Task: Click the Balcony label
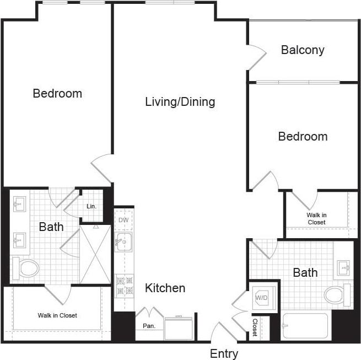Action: click(303, 50)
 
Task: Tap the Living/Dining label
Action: click(180, 102)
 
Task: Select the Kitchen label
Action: click(165, 288)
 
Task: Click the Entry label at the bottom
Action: click(224, 353)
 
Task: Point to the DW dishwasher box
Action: click(123, 220)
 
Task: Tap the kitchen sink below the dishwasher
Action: click(123, 242)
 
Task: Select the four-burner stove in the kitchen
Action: click(123, 285)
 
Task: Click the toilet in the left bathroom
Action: click(26, 268)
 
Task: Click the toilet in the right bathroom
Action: click(336, 294)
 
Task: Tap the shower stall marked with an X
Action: click(95, 254)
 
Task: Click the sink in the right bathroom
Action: click(343, 268)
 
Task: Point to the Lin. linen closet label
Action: click(91, 206)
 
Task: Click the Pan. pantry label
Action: click(149, 326)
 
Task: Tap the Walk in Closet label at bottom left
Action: click(57, 315)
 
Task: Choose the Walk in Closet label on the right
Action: click(316, 218)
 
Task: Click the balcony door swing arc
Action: click(257, 57)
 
